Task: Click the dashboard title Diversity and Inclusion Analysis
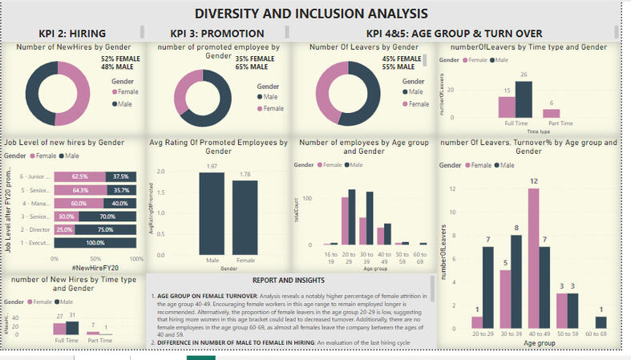pos(311,14)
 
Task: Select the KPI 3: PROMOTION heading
pos(217,33)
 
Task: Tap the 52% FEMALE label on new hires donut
pos(118,59)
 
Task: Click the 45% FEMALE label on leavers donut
pos(402,59)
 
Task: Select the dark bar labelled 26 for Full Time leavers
pos(524,99)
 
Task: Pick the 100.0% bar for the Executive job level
pos(95,242)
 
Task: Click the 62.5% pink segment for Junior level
pos(80,176)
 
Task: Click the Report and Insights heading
pos(289,281)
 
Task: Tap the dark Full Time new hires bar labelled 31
pos(72,327)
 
